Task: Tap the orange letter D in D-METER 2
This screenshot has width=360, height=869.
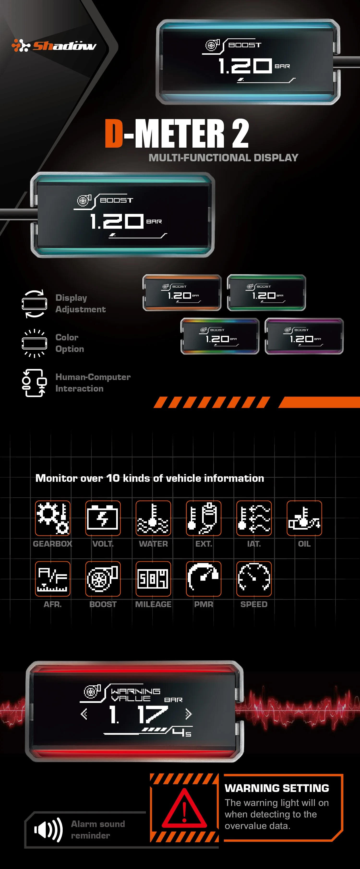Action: (114, 133)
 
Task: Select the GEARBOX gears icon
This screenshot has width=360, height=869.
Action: (53, 518)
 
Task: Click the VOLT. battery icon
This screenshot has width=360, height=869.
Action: (103, 518)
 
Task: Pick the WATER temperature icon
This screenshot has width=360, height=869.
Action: (153, 518)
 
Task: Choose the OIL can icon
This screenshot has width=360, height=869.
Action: (304, 518)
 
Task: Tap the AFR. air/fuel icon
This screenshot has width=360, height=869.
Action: (53, 579)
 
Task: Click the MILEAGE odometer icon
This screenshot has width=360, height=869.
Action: (153, 579)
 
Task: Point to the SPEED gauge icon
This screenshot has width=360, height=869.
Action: (254, 579)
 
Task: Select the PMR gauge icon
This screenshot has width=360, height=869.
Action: (204, 579)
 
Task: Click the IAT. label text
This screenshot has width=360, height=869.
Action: (254, 544)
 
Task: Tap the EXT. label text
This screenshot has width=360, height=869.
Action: (204, 544)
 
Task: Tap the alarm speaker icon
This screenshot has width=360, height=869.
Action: (48, 830)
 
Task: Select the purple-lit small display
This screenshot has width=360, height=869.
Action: (304, 336)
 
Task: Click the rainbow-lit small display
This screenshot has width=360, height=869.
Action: (220, 336)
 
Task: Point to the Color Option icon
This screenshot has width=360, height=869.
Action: (34, 343)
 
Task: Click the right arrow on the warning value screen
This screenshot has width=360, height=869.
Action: (188, 714)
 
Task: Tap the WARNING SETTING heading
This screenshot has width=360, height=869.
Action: (277, 788)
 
